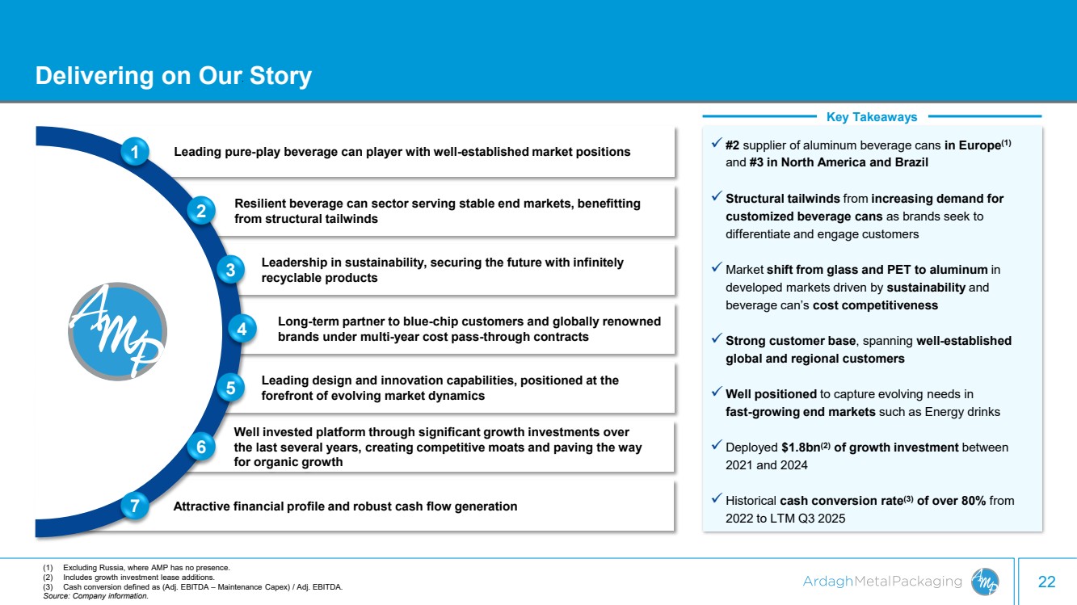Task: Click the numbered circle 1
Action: point(136,151)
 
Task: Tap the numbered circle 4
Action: point(241,329)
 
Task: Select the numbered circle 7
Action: point(135,506)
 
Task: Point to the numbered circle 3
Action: point(230,271)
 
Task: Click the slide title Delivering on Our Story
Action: point(173,76)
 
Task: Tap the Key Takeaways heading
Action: point(872,117)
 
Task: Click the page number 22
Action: point(1046,582)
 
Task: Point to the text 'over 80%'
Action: point(959,501)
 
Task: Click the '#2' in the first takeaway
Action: point(733,145)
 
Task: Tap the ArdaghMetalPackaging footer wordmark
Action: point(882,582)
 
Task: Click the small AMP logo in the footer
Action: point(984,581)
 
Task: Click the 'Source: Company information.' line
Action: point(96,596)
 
